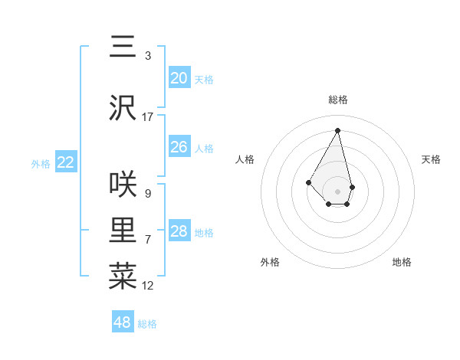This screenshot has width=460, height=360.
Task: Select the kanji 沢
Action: tap(123, 107)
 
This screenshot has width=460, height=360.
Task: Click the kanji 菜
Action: tap(123, 277)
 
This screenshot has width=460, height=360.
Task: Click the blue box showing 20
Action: tap(179, 78)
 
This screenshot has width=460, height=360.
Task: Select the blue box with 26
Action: tap(179, 147)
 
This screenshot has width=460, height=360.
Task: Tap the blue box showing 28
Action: tap(179, 231)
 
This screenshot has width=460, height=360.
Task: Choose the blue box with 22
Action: tap(66, 162)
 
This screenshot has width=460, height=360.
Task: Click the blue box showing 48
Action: tap(123, 322)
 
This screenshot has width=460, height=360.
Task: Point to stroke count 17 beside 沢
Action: tap(148, 117)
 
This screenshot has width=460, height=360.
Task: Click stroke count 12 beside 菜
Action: tap(148, 286)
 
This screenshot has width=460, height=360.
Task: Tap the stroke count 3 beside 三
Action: tap(147, 56)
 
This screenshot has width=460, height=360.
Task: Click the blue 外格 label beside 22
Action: tap(41, 163)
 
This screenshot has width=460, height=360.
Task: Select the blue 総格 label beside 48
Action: tap(147, 324)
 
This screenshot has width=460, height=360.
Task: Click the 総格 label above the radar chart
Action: tap(337, 100)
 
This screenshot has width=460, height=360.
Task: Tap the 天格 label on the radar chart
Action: tap(431, 159)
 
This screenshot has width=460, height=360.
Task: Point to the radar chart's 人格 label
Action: tap(245, 159)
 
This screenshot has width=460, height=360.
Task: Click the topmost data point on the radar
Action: tap(337, 129)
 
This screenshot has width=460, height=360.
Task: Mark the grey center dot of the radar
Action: tap(337, 191)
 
